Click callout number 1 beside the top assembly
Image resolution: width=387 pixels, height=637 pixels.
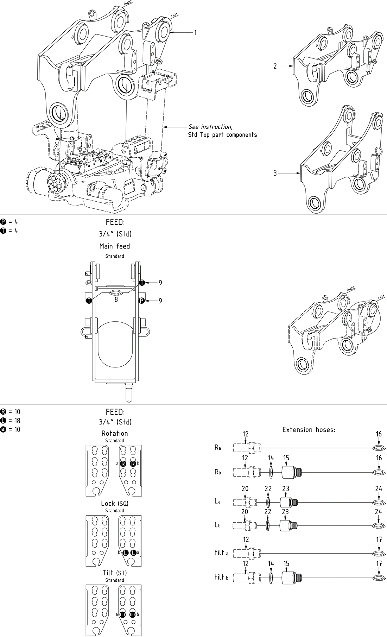pos(195,32)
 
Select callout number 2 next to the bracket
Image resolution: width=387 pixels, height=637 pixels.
pos(275,66)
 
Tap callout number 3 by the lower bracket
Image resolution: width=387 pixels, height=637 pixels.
pos(275,173)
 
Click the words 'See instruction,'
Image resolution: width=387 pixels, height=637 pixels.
pos(210,127)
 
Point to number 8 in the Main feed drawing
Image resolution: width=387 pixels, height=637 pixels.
pos(116,300)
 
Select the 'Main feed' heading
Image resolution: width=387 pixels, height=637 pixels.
pos(115,246)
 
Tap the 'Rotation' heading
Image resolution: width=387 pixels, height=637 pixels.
pos(115,433)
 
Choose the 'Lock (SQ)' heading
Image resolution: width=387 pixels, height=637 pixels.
pos(115,503)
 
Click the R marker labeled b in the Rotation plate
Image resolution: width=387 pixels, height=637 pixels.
pos(133,464)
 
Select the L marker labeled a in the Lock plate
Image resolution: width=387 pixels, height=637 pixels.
pos(133,553)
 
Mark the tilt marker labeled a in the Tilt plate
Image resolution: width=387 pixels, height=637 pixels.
pos(122,614)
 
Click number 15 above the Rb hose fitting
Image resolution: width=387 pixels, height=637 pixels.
pos(286,458)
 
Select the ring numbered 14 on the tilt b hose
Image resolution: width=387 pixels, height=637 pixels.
pos(271,578)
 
